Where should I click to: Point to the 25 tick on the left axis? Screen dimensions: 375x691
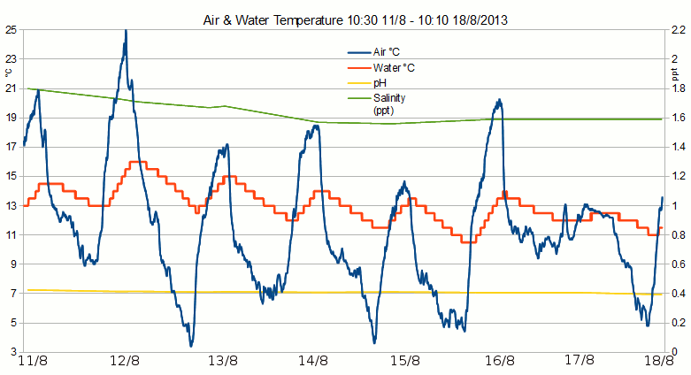(x=11, y=30)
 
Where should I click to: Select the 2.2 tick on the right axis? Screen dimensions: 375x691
(x=676, y=30)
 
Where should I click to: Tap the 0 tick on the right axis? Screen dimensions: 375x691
(x=672, y=352)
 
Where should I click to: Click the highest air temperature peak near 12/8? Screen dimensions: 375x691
(x=126, y=32)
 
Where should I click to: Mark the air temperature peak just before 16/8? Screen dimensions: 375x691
(x=499, y=100)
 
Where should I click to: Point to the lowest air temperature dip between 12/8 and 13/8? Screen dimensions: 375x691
(x=190, y=345)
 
